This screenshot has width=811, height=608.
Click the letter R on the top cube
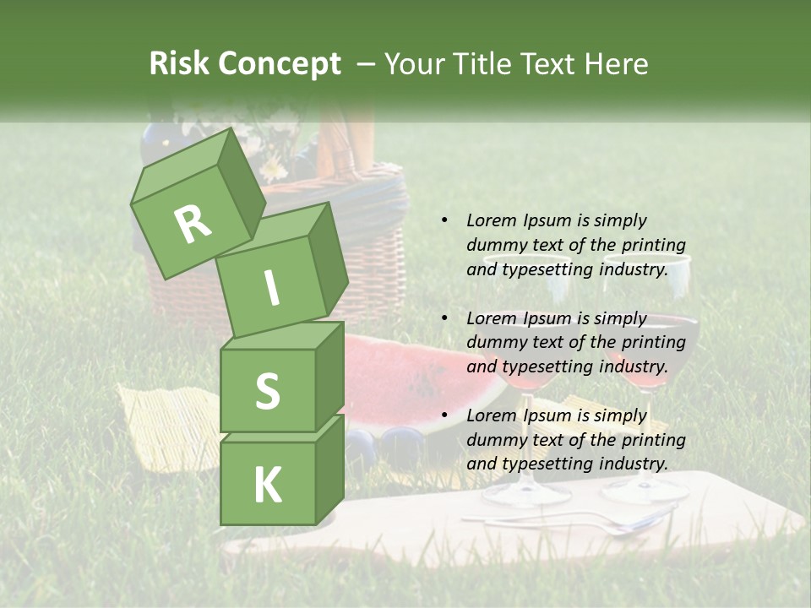coord(193,224)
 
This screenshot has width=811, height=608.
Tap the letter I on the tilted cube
coord(271,288)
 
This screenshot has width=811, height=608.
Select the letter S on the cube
coord(267,390)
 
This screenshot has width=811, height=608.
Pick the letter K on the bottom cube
coord(267,485)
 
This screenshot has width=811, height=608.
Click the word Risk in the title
coord(180,64)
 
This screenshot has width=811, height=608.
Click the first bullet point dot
coord(444,220)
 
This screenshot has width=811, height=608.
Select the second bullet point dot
coord(444,318)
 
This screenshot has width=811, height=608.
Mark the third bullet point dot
coord(444,415)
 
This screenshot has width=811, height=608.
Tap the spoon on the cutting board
coord(591,524)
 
